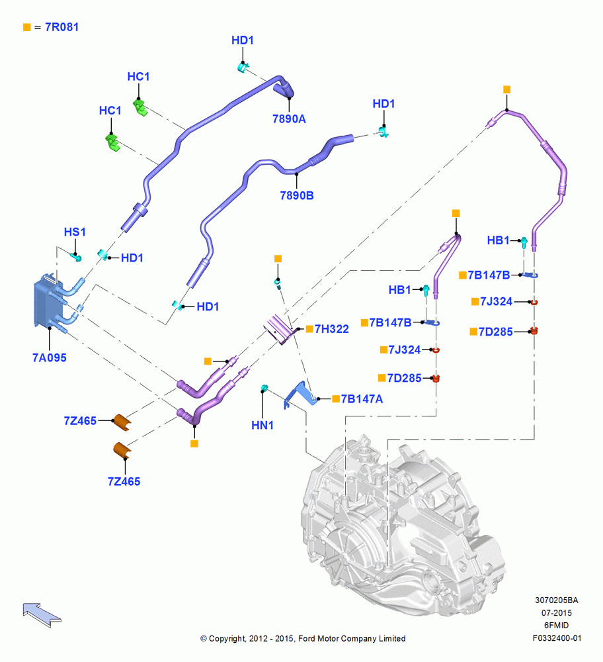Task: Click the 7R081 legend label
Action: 61,27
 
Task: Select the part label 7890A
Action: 289,119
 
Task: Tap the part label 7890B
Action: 297,195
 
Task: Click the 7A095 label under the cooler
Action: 50,357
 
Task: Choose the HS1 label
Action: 75,232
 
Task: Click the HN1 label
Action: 262,425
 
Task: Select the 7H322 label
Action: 332,329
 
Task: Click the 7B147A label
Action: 362,399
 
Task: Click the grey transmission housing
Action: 403,524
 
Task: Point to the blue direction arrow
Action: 42,615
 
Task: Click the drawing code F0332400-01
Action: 557,638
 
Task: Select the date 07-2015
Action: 557,612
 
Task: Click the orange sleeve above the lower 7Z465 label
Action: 122,450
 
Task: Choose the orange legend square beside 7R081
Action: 27,27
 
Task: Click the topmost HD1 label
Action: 243,40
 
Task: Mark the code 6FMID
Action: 557,626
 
